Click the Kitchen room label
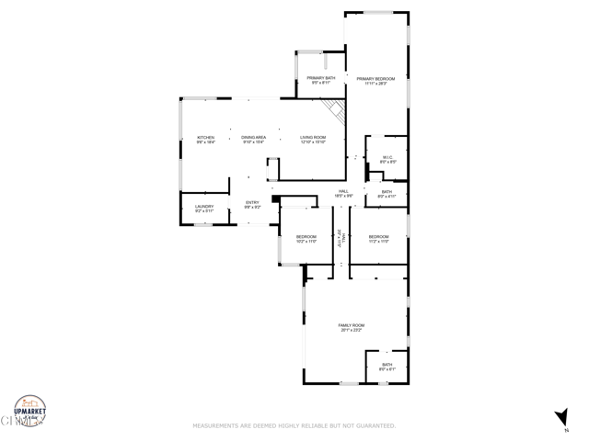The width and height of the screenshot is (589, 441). tap(205, 139)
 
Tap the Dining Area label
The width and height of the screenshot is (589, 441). tap(254, 139)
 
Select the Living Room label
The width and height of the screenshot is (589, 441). tap(313, 139)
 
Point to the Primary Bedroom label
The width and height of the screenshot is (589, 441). tap(376, 81)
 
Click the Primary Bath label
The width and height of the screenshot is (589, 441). tap(321, 80)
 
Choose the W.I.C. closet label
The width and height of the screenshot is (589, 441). tap(387, 158)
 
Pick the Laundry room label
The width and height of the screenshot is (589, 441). tap(204, 208)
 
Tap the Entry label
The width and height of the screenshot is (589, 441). tap(252, 204)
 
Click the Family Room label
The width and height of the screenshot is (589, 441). tap(352, 327)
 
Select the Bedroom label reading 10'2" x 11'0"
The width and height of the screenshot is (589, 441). tap(306, 238)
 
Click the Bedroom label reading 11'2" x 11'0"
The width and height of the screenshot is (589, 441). tap(379, 238)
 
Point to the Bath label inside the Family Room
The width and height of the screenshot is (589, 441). tap(387, 367)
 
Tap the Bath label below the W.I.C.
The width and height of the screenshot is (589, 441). tap(387, 193)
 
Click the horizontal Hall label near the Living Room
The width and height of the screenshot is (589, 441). tap(343, 193)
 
